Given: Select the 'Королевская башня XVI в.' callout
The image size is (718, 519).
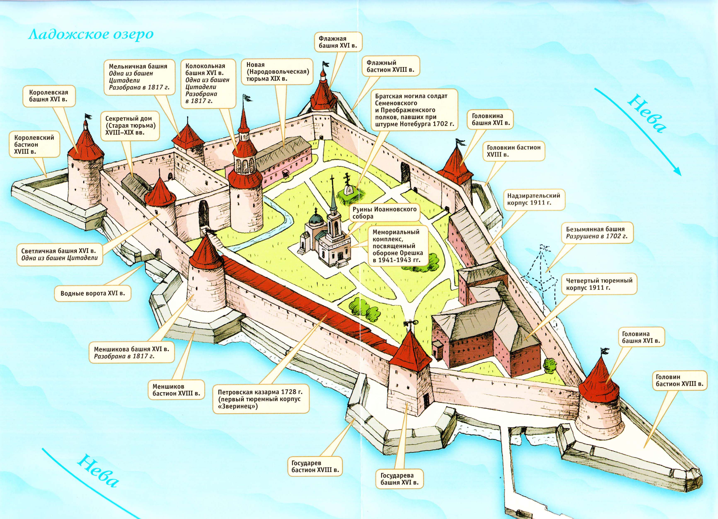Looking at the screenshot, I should tap(49, 96).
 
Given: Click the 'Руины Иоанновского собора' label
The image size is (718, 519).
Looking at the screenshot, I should tap(384, 213).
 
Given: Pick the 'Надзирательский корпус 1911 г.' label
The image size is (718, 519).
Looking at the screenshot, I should tap(533, 199).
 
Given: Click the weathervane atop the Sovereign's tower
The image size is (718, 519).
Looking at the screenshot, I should tap(411, 323).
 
